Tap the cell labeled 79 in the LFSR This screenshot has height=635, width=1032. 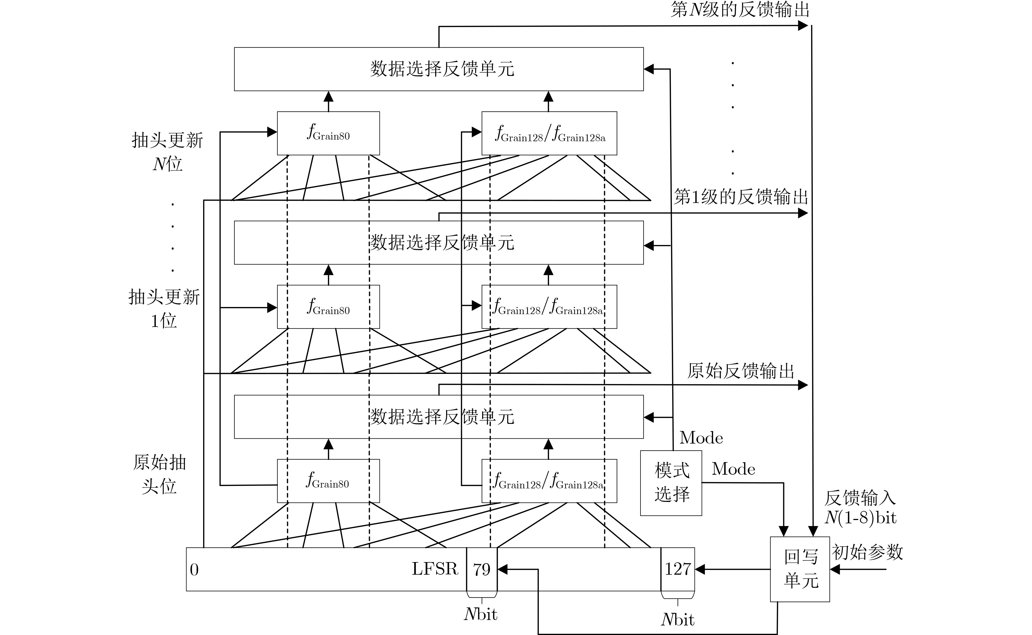click(482, 569)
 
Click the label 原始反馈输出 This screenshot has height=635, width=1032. click(741, 371)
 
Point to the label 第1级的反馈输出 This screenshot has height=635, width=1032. click(741, 197)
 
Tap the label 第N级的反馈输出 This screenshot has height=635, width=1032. click(740, 10)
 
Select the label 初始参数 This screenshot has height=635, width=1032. click(867, 552)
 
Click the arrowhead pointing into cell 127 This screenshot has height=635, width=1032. click(700, 569)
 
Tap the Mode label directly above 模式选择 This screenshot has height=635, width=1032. click(701, 438)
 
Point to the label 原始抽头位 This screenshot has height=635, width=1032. click(159, 474)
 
